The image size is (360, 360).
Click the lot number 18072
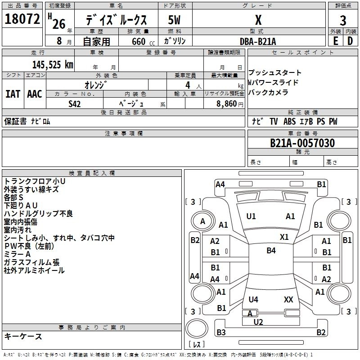[x=22, y=19]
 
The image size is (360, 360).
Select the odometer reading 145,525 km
[x=53, y=65]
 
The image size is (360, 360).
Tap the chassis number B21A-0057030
[x=302, y=143]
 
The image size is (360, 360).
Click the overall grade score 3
[x=343, y=20]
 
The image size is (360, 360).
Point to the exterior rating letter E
[x=336, y=41]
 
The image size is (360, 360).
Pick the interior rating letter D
[x=350, y=41]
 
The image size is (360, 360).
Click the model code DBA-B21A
[x=258, y=41]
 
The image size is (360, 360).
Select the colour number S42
[x=75, y=104]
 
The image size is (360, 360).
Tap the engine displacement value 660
[x=139, y=41]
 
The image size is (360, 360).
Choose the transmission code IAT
[x=13, y=94]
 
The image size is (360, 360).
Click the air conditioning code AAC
[x=35, y=94]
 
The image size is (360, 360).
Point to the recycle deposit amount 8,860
[x=226, y=104]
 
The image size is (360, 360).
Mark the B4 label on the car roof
[x=271, y=251]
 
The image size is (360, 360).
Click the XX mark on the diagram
[x=288, y=299]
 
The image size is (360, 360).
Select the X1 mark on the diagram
[x=284, y=237]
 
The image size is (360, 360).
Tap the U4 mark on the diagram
[x=253, y=299]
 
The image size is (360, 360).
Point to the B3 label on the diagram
[x=221, y=332]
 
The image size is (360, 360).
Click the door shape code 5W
[x=174, y=20]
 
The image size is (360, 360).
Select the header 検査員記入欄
[x=92, y=173]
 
